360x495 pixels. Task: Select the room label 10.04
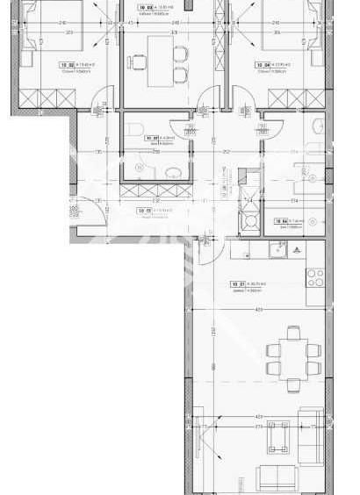[262, 64]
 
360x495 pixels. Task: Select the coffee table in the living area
[282, 436]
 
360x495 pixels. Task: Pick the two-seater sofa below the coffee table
[279, 478]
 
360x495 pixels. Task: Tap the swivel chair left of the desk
[139, 61]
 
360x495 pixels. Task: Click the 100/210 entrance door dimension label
[75, 209]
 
